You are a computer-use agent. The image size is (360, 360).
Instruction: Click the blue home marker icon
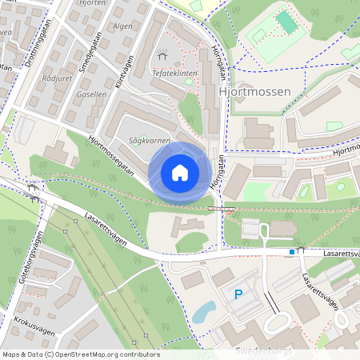(x=179, y=173)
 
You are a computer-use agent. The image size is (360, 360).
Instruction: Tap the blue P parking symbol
(x=238, y=295)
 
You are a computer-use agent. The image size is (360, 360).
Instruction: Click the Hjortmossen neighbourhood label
(x=254, y=93)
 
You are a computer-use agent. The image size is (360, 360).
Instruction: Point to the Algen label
(x=122, y=26)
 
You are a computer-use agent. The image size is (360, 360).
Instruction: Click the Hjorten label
(x=94, y=3)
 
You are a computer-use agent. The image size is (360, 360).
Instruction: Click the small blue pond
(x=203, y=310)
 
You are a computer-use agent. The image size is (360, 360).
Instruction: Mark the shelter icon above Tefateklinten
(x=163, y=55)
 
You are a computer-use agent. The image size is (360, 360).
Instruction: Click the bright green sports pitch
(x=286, y=22)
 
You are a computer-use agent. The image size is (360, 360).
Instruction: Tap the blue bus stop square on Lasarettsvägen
(x=292, y=252)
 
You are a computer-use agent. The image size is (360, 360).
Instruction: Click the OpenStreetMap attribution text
(x=81, y=354)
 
